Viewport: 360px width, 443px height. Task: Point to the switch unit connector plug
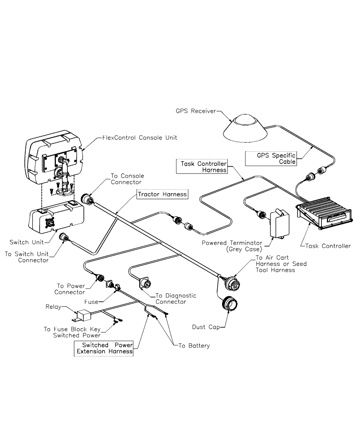pyautogui.click(x=65, y=239)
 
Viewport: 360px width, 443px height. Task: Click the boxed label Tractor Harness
pyautogui.click(x=161, y=194)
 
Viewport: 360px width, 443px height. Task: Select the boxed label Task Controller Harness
pyautogui.click(x=203, y=167)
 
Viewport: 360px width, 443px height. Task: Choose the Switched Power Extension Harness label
pyautogui.click(x=104, y=348)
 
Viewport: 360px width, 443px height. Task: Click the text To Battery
pyautogui.click(x=194, y=346)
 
